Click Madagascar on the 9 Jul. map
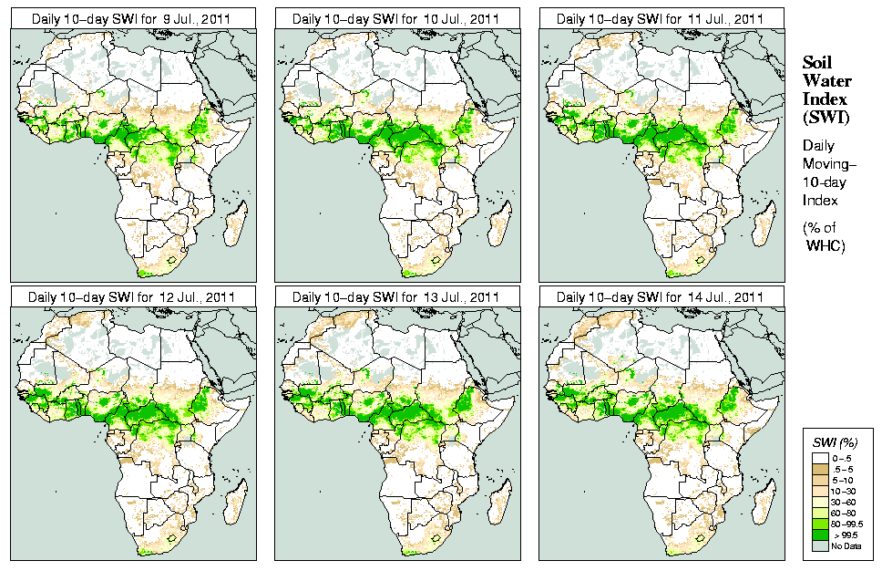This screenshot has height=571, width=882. [x=235, y=224]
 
